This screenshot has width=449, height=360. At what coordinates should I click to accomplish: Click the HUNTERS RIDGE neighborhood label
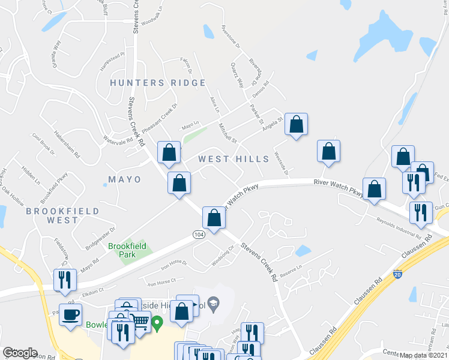pyautogui.click(x=158, y=83)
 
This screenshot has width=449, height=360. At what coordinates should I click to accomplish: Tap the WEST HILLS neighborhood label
pyautogui.click(x=234, y=159)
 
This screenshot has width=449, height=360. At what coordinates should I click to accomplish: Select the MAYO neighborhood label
pyautogui.click(x=125, y=179)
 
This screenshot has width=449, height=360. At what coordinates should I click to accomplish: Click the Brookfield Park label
pyautogui.click(x=122, y=250)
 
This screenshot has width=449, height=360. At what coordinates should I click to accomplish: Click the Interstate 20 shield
pyautogui.click(x=398, y=274)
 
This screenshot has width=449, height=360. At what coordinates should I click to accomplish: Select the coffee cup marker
pyautogui.click(x=70, y=314)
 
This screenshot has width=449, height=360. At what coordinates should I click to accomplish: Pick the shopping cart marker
pyautogui.click(x=140, y=322)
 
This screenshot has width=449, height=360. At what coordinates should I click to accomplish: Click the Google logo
pyautogui.click(x=20, y=353)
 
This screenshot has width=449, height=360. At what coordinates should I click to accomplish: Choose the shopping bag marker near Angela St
pyautogui.click(x=296, y=125)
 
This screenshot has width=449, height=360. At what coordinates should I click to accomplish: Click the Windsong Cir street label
pyautogui.click(x=222, y=256)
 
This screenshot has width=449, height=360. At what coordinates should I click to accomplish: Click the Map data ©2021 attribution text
pyautogui.click(x=424, y=355)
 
